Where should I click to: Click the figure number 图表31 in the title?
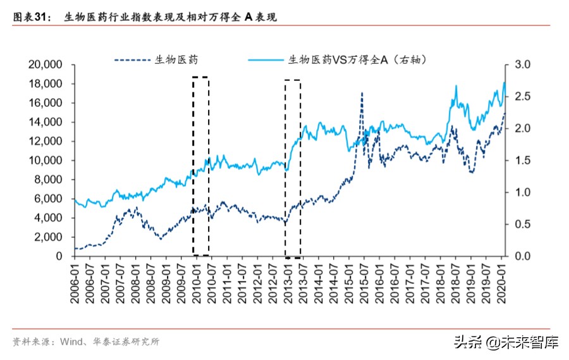pyautogui.click(x=32, y=17)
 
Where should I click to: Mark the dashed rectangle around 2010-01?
pyautogui.click(x=200, y=166)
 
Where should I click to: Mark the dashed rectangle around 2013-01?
pyautogui.click(x=292, y=168)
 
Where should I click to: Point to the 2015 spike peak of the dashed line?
pyautogui.click(x=362, y=93)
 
